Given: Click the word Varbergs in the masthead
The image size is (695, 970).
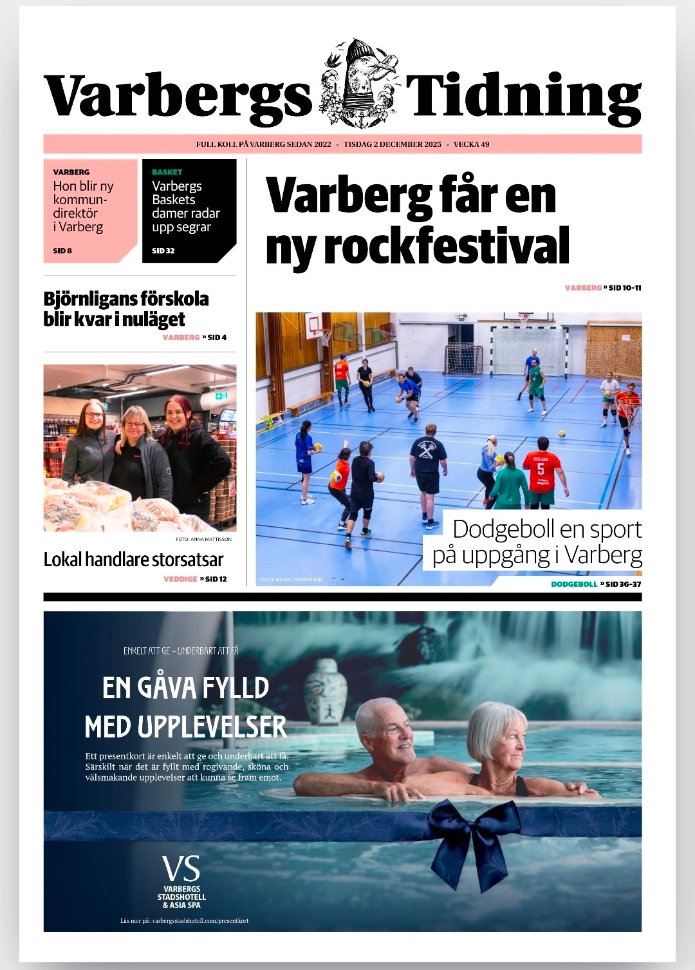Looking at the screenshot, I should coord(178,95).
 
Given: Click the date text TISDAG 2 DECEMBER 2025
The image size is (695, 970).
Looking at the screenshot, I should coord(393,144).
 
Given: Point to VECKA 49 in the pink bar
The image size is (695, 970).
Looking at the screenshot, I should coord(471,144).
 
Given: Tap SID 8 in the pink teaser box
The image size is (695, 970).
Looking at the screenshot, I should coord(62,251).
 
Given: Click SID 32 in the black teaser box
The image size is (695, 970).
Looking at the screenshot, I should coord(163,251).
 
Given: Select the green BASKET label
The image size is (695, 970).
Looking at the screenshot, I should coord(167,172).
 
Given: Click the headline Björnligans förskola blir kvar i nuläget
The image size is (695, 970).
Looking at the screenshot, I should coord(126,309).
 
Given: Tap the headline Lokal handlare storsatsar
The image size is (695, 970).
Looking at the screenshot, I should coord(133,559).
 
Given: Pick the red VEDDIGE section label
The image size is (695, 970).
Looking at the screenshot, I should coord(180,579).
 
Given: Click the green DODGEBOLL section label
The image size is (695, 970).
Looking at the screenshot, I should coord(574,584).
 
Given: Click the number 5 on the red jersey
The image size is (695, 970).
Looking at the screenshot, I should coord(541,469).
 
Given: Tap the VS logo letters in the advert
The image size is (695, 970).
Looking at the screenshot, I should coord(181,869).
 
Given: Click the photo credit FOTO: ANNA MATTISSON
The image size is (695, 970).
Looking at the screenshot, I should coord(203,539).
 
